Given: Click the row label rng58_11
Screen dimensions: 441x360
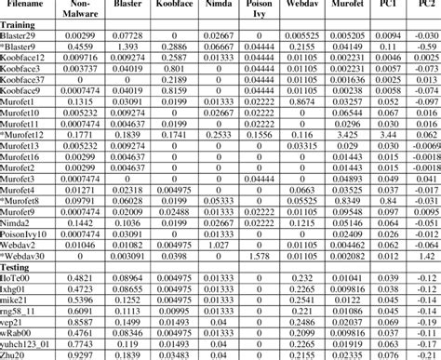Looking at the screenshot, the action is coord(19,311).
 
